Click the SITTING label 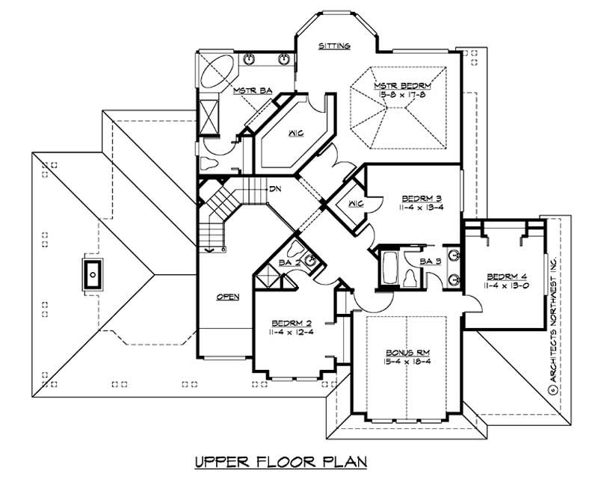(334, 46)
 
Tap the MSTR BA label (251, 91)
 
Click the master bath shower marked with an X (211, 117)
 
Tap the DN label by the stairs (254, 188)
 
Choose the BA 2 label (289, 262)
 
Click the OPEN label (228, 297)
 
